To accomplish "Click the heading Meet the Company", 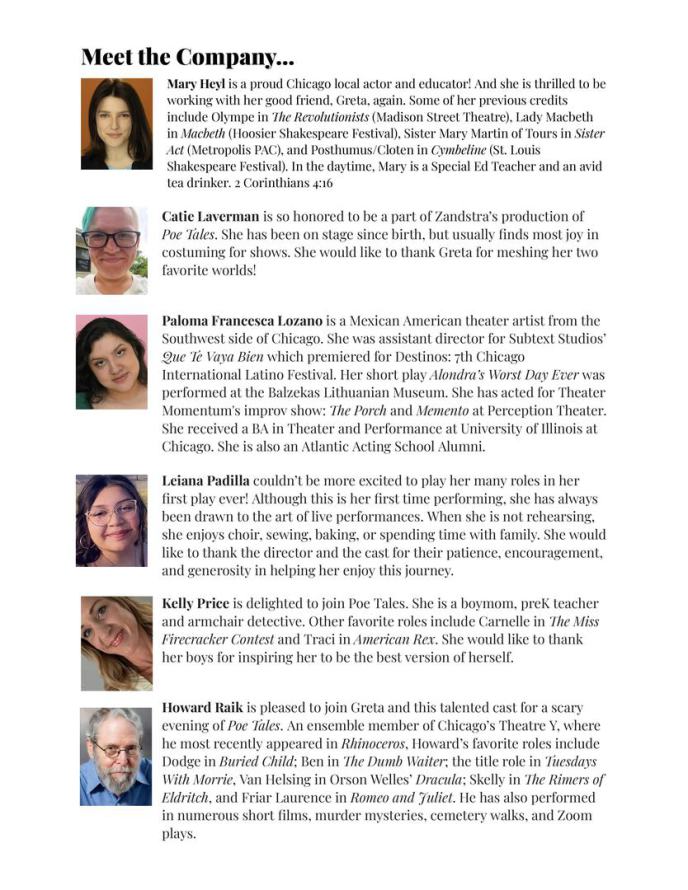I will [187, 56].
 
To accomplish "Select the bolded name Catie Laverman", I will [211, 216].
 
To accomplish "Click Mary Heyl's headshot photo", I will [116, 124].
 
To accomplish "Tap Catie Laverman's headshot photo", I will [112, 249].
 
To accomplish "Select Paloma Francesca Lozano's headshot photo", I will [112, 362].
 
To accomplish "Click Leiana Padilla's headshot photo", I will [112, 520].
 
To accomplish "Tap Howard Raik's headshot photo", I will [116, 756].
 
